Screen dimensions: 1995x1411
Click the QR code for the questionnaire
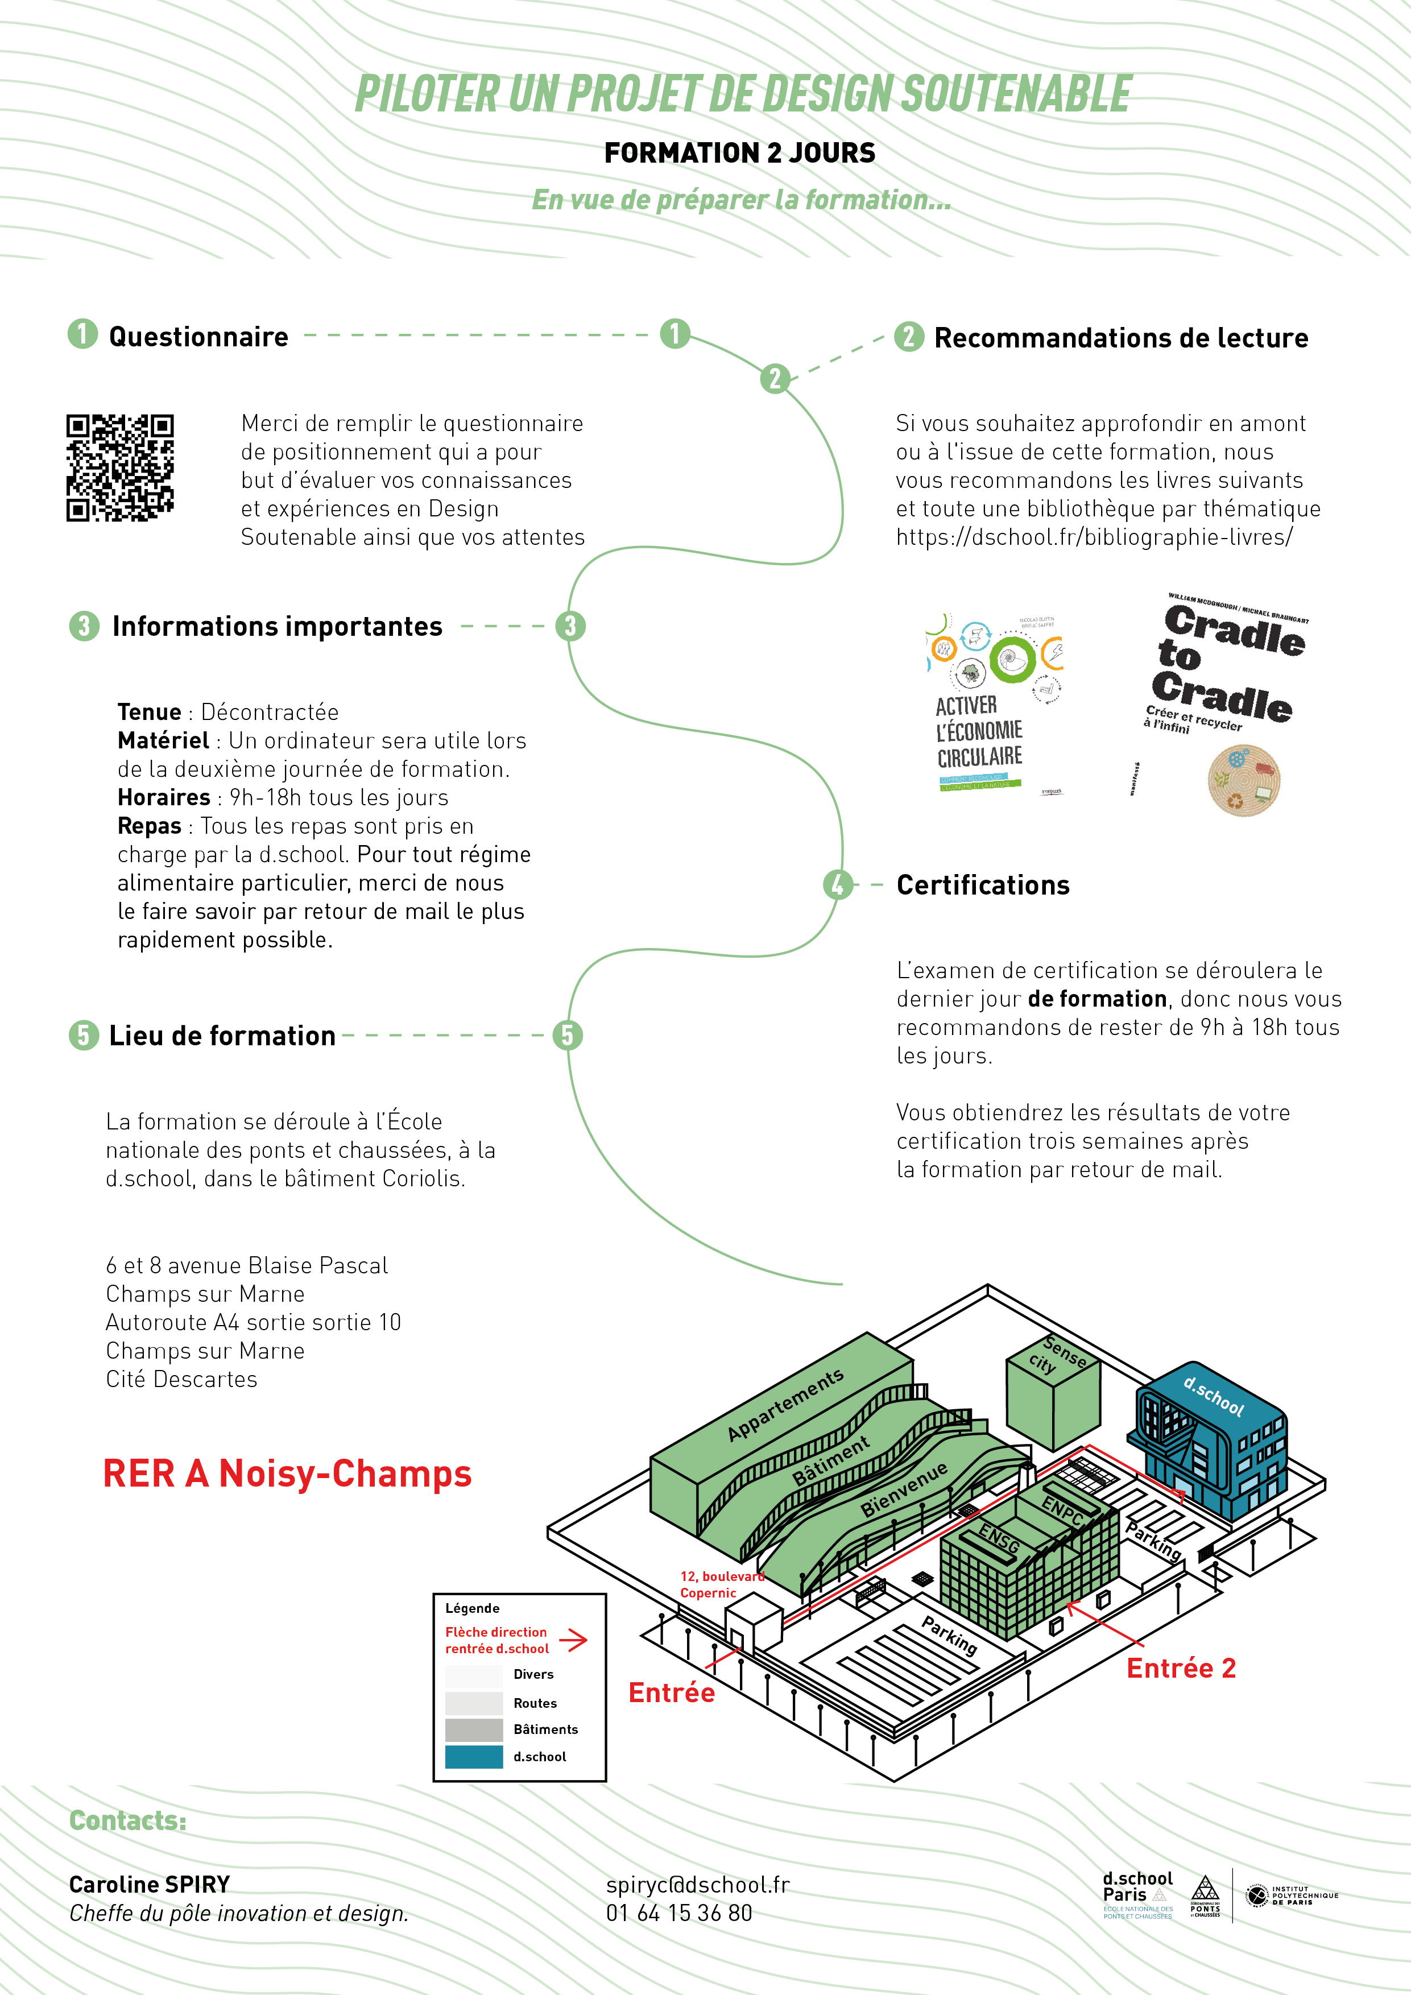120,467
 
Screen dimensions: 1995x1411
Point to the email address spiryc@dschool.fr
698,1885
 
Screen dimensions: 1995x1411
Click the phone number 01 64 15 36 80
678,1913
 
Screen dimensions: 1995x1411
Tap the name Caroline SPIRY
150,1885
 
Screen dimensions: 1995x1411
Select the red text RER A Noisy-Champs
287,1475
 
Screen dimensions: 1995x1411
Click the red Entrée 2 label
1181,1669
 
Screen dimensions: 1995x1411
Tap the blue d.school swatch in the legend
474,1756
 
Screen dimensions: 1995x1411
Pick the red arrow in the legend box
573,1641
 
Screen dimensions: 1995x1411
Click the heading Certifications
983,885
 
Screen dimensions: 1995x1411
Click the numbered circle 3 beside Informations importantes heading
84,627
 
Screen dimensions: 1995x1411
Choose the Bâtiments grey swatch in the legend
474,1729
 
